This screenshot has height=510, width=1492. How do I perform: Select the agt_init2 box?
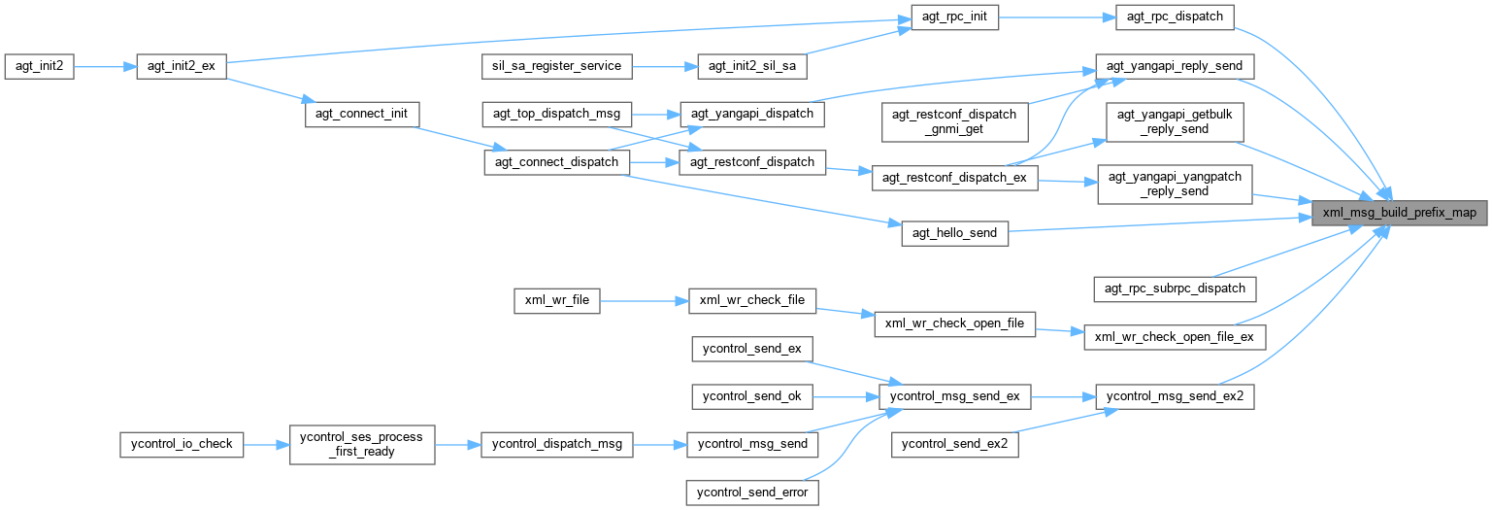(x=39, y=66)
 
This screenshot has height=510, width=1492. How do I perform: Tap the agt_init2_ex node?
(x=182, y=66)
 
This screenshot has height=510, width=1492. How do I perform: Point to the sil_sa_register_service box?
(x=558, y=66)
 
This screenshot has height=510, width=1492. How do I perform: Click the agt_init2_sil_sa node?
(x=752, y=66)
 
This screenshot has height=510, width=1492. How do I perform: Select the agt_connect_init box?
(x=361, y=114)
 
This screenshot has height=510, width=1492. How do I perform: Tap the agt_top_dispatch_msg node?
(x=558, y=114)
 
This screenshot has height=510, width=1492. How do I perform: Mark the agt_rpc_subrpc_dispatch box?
(x=1175, y=289)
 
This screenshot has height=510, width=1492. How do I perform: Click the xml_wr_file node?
(x=556, y=300)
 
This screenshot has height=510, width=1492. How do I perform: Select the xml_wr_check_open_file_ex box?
(x=1175, y=337)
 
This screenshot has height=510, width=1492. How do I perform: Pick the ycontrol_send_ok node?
(x=752, y=396)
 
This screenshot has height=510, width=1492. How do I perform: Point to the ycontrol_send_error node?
(x=752, y=493)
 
